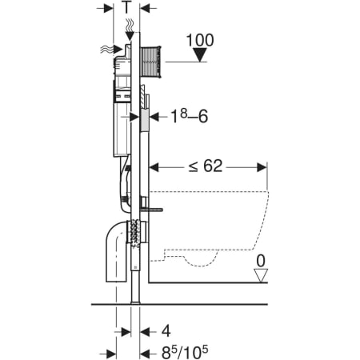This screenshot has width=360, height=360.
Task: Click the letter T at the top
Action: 127,7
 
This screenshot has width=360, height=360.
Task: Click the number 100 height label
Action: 200,40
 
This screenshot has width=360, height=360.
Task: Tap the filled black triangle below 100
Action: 200,54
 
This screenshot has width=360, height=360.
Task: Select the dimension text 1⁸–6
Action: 190,117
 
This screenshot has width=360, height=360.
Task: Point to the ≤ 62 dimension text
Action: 206,166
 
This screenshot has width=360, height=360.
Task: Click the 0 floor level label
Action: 261,261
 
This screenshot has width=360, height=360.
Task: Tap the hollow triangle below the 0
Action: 261,275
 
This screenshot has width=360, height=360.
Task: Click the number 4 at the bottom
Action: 166,331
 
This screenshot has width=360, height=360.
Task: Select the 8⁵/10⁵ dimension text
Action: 185,353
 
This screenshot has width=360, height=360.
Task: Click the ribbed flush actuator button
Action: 150,62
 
